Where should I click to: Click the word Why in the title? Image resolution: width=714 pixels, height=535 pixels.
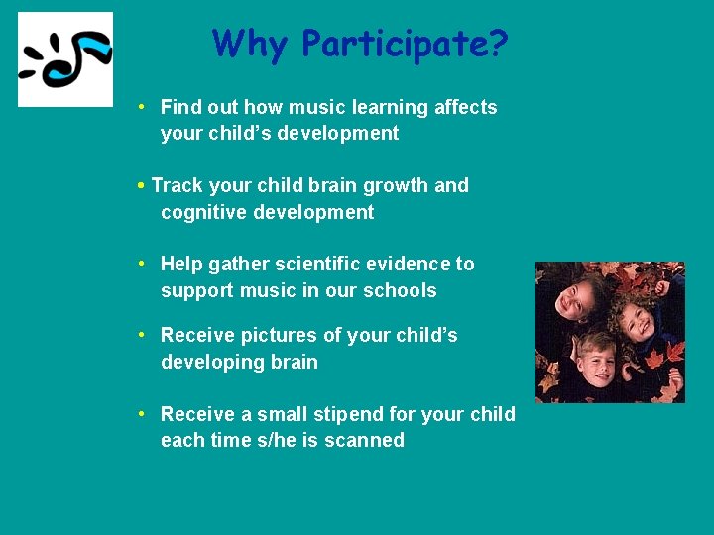[x=252, y=44]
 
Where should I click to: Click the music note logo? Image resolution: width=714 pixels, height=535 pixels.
[x=65, y=59]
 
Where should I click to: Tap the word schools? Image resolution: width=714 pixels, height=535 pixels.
[x=402, y=290]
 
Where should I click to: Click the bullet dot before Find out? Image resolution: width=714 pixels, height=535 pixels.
[x=144, y=107]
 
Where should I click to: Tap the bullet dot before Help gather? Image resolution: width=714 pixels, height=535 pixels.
[x=144, y=264]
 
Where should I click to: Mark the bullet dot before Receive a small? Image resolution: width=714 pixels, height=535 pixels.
[x=144, y=413]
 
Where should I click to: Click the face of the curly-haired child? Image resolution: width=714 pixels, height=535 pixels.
[x=636, y=320]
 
